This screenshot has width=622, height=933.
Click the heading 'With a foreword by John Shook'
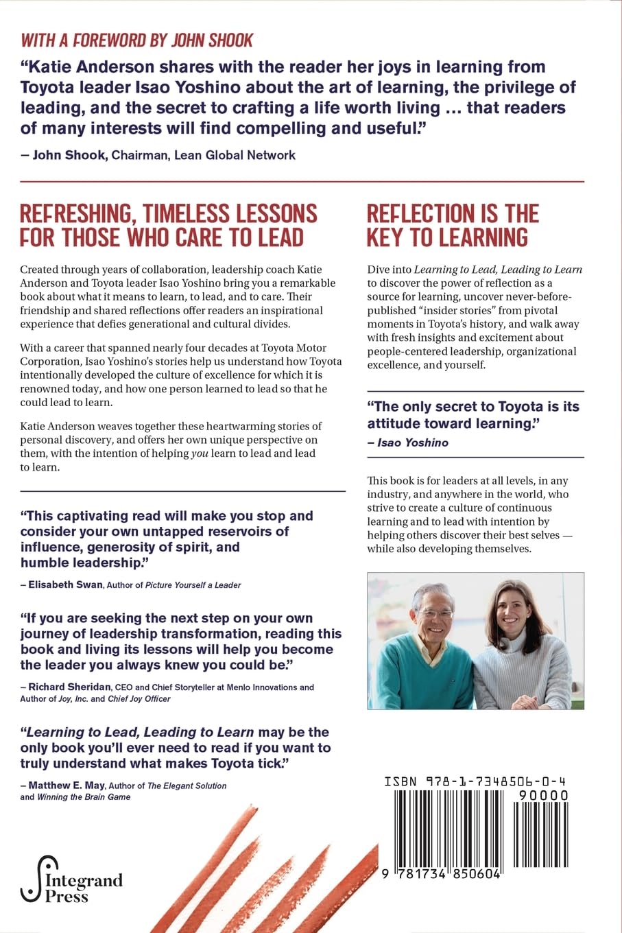click(137, 40)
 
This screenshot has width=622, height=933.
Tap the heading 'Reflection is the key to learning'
click(453, 225)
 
